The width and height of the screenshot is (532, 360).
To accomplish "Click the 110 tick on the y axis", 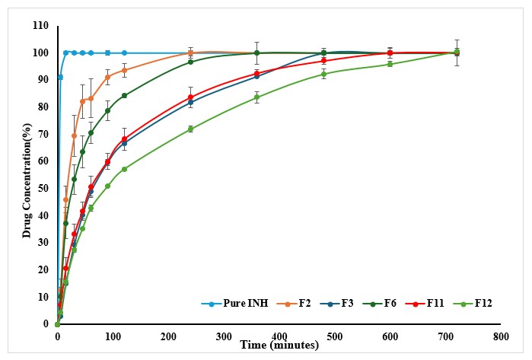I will pos(40,26).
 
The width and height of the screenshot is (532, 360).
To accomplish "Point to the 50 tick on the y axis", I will pos(43,188).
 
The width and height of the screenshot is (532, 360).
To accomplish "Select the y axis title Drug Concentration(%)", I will pos(27,175).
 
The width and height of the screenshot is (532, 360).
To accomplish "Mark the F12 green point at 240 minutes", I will pos(190,129).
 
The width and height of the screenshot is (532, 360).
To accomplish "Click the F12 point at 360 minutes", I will pos(256,97).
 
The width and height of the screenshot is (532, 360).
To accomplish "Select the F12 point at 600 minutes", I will pos(390,65).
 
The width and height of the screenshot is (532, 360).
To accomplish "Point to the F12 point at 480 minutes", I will pos(323,74).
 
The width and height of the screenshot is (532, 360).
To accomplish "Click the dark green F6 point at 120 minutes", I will pos(124,96).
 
